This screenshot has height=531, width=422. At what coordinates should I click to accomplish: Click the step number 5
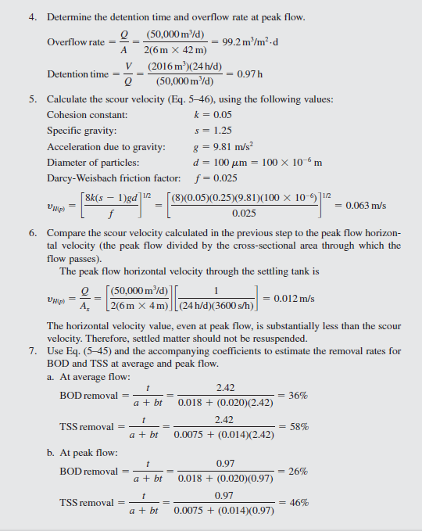pyautogui.click(x=33, y=99)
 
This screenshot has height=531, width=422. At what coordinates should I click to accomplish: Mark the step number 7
pyautogui.click(x=33, y=349)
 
